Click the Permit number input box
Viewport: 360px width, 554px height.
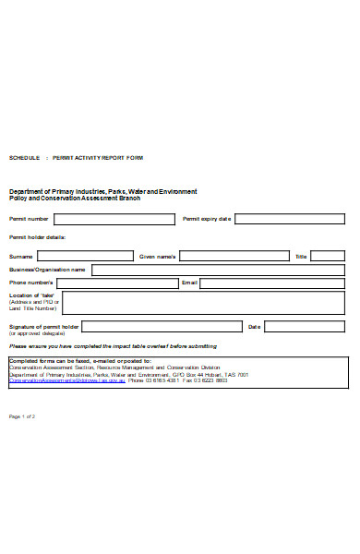114,220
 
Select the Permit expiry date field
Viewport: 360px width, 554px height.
290,220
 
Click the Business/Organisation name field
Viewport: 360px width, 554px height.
218,270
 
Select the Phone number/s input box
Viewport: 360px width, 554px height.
117,283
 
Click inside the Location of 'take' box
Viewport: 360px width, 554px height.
203,303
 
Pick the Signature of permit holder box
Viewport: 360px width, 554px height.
162,327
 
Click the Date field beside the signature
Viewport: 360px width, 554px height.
305,327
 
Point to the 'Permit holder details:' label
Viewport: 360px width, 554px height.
38,237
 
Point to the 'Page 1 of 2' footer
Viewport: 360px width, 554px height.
22,417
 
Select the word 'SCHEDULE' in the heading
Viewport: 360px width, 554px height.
24,158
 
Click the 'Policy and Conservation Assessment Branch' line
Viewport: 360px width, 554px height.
75,198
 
